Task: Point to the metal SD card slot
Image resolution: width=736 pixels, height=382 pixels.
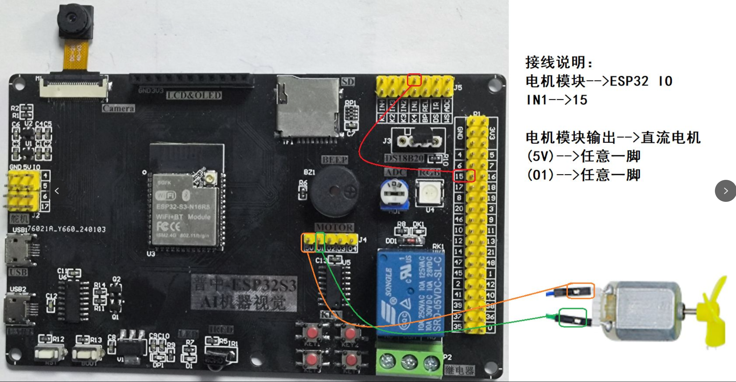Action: click(307, 107)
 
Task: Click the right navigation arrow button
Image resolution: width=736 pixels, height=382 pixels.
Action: click(725, 191)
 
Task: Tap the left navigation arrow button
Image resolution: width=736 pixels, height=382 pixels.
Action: click(57, 191)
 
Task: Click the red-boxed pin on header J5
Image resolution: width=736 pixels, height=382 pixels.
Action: click(414, 80)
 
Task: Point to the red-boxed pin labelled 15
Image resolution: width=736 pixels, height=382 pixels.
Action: click(471, 176)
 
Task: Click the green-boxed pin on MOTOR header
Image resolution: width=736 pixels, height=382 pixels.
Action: click(320, 241)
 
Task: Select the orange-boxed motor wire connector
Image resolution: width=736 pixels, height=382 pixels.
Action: click(580, 290)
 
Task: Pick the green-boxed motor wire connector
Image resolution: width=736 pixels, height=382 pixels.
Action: click(572, 318)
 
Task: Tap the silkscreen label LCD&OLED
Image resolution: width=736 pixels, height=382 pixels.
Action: click(194, 96)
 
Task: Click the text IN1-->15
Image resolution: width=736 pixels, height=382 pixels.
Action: click(556, 100)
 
